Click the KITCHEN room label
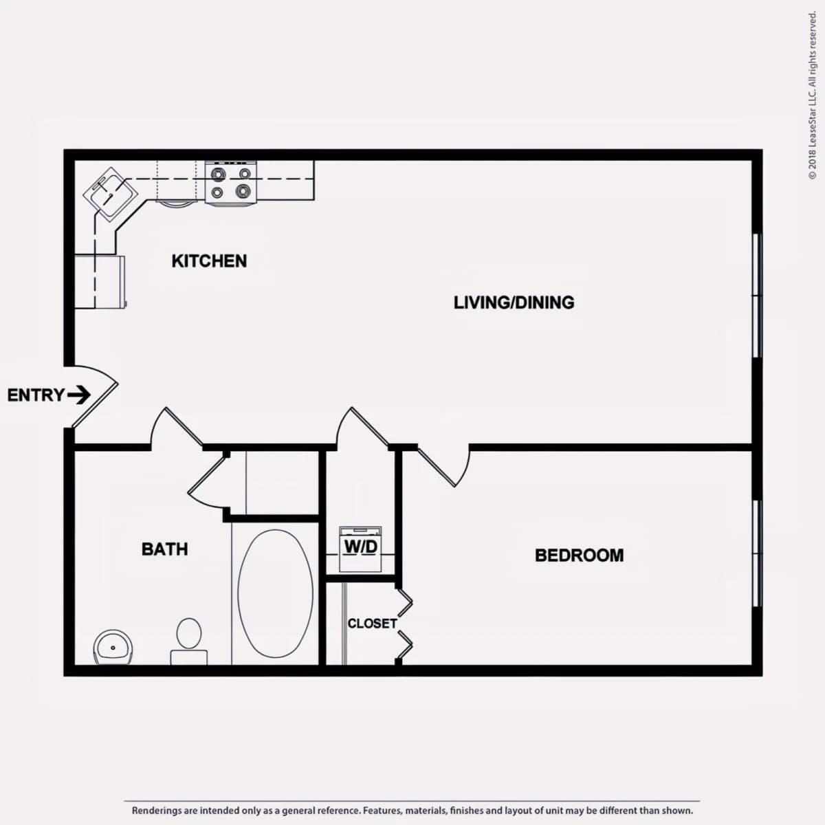pos(209,261)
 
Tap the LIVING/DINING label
pos(514,302)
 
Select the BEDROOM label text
pos(580,555)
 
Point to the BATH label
pos(165,549)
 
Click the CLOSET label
pos(372,624)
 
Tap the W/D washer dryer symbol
pos(360,549)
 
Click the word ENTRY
pos(36,395)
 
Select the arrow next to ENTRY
pos(79,395)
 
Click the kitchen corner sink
pos(111,194)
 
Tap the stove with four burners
pos(231,182)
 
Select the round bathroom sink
pos(113,648)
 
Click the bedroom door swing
pos(445,467)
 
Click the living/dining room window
pos(757,296)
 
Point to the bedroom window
pos(757,553)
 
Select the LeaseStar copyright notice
pos(812,96)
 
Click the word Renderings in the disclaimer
pos(156,811)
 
